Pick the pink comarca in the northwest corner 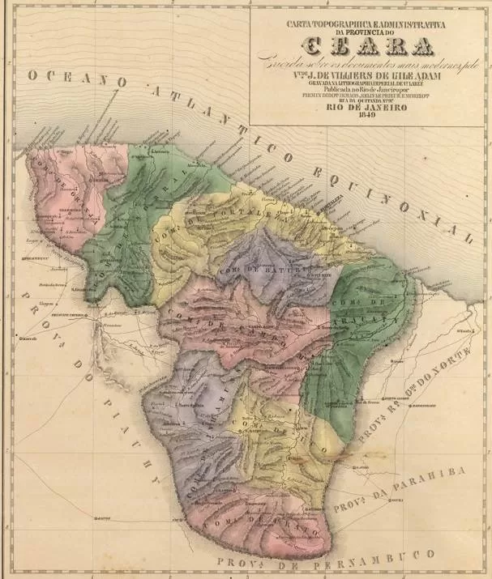click(x=57, y=194)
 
